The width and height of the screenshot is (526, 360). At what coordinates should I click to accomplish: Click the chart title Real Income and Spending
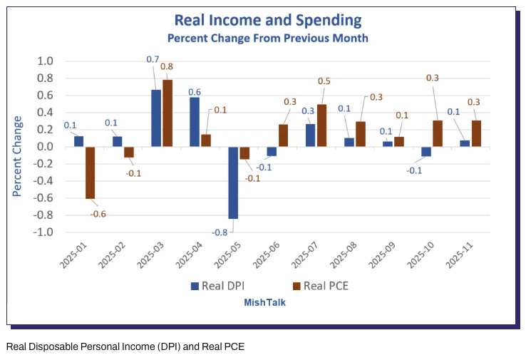268,20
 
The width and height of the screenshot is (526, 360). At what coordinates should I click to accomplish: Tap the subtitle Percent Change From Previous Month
268,37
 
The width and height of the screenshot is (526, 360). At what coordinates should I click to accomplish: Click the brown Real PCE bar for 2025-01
90,173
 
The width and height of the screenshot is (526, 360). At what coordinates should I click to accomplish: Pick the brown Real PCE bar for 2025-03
167,113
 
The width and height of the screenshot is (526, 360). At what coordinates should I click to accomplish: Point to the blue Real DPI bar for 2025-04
194,122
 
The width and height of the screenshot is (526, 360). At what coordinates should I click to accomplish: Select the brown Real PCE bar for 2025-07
322,125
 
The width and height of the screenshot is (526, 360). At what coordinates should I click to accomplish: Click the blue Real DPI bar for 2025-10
426,151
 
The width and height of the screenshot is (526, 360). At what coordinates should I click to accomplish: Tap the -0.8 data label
219,232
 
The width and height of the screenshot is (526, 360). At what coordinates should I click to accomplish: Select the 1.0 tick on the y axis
45,61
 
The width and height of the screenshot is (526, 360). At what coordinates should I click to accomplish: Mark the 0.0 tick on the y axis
45,147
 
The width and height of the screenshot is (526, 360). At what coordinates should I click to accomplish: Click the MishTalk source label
265,302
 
